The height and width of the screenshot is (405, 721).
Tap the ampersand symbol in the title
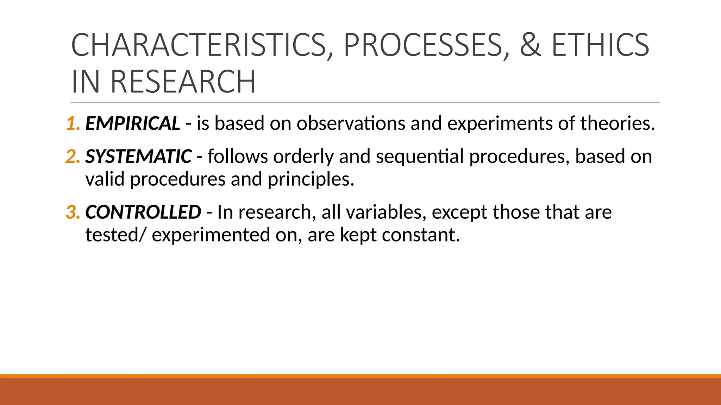tap(530, 45)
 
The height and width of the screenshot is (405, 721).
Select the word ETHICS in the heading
tap(600, 45)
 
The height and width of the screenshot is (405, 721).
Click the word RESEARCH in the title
tap(183, 82)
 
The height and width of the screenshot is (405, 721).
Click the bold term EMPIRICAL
tap(133, 123)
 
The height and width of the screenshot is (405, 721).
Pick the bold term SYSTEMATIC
tap(138, 156)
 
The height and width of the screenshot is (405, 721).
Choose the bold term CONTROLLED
tap(143, 212)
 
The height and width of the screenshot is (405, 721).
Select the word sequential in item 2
tap(420, 156)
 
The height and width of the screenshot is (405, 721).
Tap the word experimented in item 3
tap(211, 234)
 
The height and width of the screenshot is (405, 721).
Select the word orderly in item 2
tap(303, 156)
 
